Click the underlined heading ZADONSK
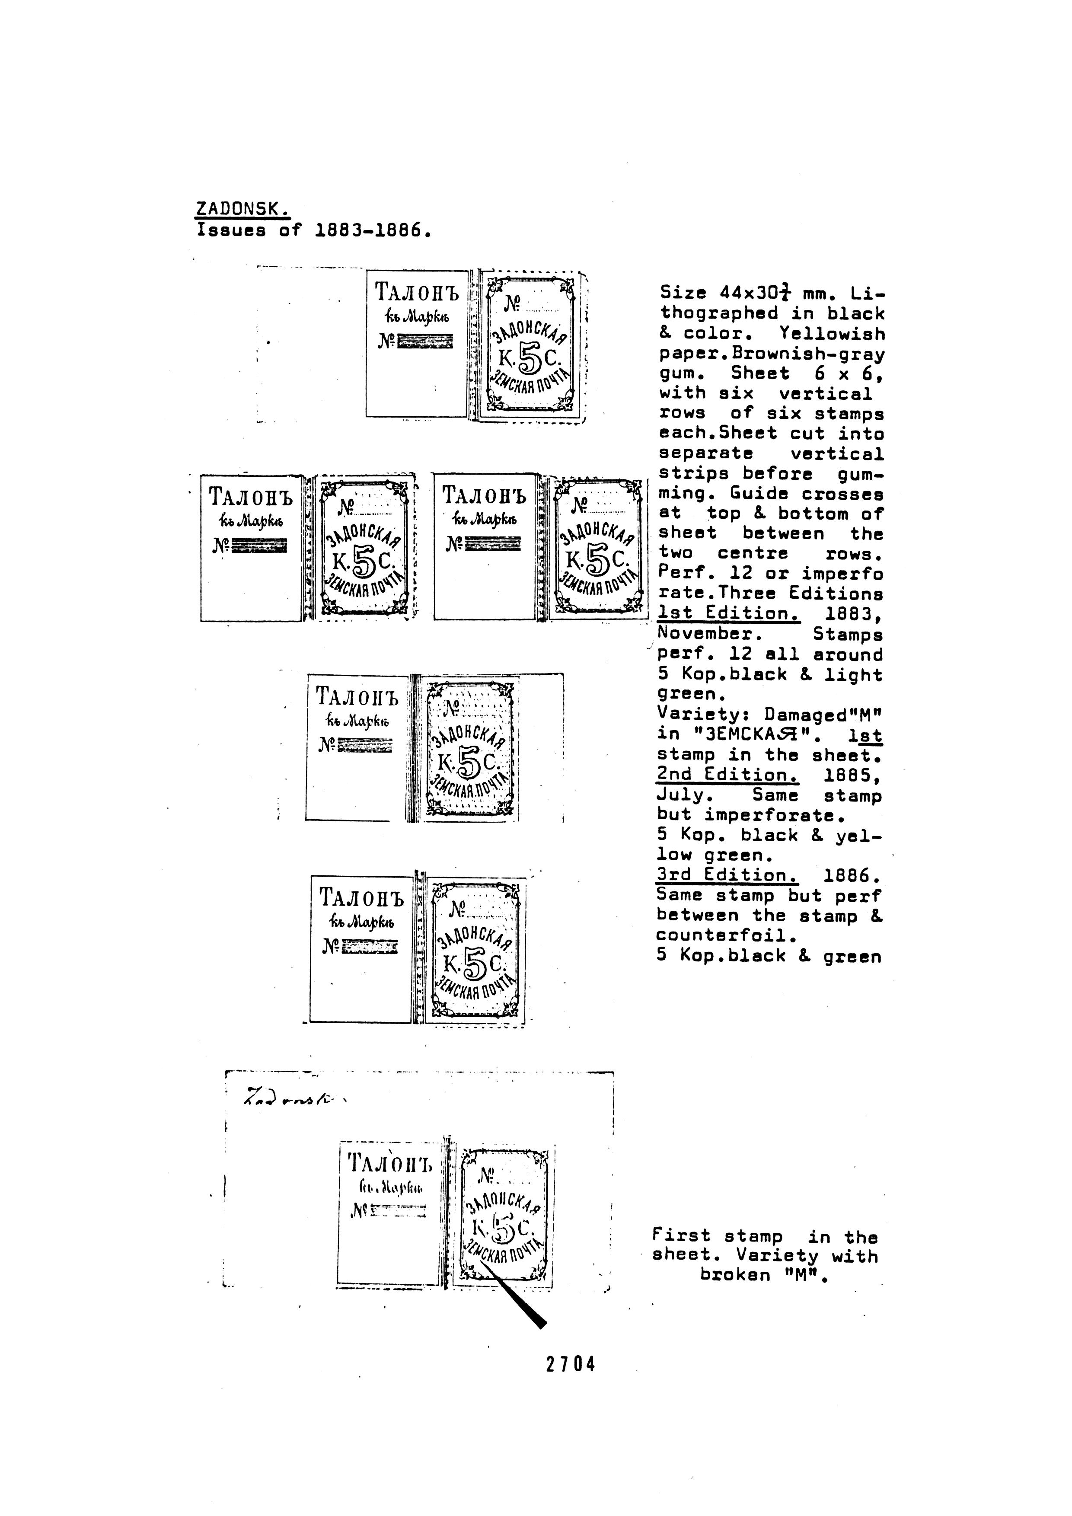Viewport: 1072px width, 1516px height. [242, 210]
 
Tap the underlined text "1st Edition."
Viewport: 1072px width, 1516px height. [728, 613]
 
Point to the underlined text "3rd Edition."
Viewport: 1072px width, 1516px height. [727, 875]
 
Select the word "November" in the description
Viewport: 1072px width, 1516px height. [710, 634]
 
